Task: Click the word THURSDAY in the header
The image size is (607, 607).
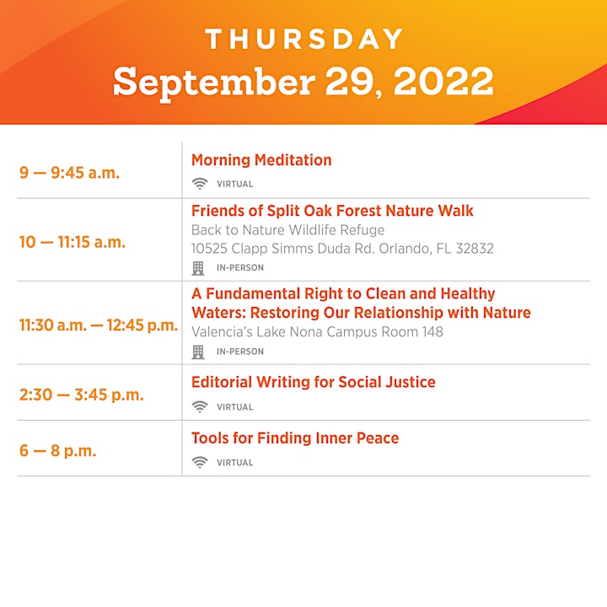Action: tap(304, 39)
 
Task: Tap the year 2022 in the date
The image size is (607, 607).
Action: tap(443, 81)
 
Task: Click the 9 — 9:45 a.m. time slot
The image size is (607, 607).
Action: tap(69, 173)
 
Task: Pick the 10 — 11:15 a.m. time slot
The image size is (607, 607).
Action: tap(73, 242)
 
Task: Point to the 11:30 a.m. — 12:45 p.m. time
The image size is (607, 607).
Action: tap(99, 325)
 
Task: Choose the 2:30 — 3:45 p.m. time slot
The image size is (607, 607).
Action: tap(82, 395)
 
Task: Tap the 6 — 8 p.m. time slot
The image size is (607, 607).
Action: tap(57, 450)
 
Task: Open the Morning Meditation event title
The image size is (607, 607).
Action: tap(261, 160)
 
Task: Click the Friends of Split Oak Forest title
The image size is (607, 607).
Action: tap(332, 211)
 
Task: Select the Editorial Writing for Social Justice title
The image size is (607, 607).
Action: tap(313, 382)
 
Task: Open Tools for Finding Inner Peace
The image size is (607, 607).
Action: tap(295, 438)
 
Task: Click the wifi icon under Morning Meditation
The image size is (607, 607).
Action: tap(200, 184)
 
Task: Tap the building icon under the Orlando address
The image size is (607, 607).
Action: tap(198, 268)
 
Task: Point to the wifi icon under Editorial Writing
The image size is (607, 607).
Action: tap(200, 406)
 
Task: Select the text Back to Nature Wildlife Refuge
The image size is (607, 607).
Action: tap(288, 230)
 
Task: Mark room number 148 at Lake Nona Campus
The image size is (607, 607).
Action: tap(432, 332)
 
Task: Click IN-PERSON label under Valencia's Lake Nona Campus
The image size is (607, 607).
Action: tap(240, 352)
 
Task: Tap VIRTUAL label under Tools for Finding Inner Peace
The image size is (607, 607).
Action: tap(234, 463)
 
